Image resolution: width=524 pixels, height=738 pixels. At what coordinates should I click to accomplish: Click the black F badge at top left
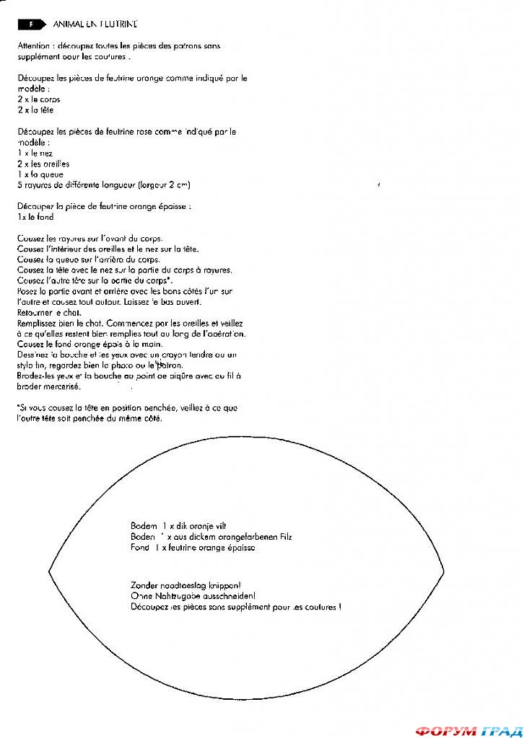tap(31, 24)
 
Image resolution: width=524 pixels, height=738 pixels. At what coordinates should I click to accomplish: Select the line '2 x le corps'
tap(39, 99)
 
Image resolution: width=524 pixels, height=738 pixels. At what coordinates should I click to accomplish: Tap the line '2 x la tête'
tap(36, 110)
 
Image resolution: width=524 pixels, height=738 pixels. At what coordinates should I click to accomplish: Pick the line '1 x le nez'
tap(35, 153)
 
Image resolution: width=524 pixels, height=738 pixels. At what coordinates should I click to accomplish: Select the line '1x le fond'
tap(35, 217)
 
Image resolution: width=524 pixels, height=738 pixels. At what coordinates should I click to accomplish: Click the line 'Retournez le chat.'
tap(49, 313)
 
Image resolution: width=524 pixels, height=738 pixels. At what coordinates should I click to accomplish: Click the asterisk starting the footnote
tap(18, 407)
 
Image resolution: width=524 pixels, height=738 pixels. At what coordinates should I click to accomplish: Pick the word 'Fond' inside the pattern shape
tap(139, 548)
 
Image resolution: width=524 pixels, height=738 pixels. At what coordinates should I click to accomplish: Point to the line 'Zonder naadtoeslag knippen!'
tap(185, 586)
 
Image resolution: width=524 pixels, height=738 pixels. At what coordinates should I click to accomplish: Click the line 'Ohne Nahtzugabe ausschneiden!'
tap(193, 596)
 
